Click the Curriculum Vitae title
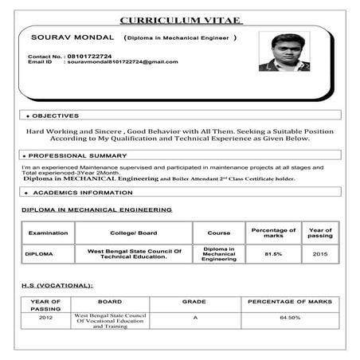181,20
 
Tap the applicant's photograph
284,53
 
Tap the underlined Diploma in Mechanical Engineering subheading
96,210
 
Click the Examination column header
48,233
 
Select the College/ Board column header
133,233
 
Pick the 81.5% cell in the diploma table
273,254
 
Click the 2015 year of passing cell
320,254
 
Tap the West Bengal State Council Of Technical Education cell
134,254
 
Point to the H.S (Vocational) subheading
57,284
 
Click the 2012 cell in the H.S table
45,318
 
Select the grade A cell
194,318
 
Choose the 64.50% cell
289,318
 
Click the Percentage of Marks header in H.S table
289,303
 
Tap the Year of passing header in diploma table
320,233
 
